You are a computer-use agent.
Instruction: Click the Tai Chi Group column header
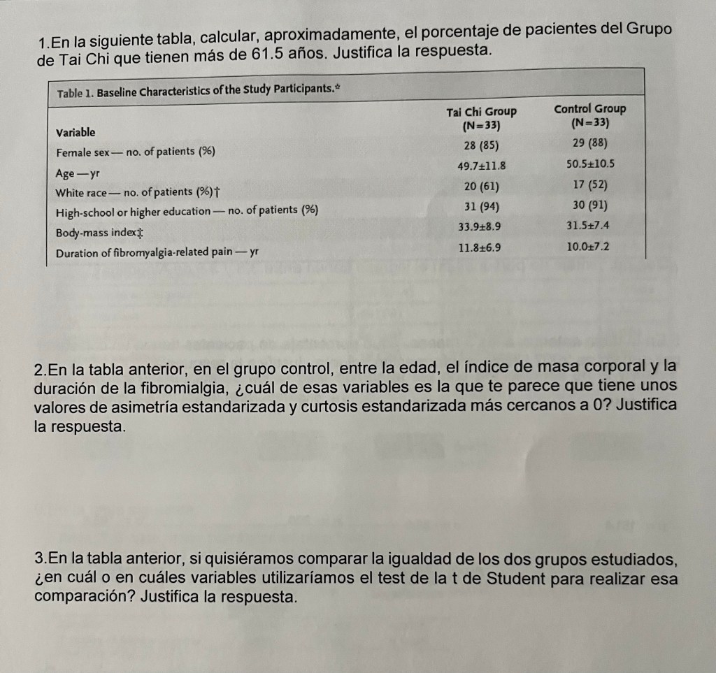point(481,118)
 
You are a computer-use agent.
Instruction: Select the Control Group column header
point(589,115)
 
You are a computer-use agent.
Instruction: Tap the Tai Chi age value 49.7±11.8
point(480,166)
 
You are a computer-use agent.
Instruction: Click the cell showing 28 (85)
point(480,145)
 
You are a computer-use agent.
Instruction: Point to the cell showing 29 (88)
point(589,143)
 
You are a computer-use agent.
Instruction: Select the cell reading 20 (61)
point(480,186)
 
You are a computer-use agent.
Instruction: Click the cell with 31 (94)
point(480,206)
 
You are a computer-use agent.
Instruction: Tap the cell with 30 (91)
point(589,205)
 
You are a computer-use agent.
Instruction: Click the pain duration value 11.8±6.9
point(480,247)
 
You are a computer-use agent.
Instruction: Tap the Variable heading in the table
point(76,132)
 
